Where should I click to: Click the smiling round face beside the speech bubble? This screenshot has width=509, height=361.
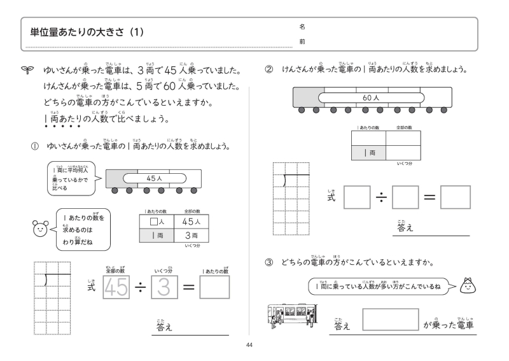click(39, 227)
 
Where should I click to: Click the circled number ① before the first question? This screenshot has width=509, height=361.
click(35, 146)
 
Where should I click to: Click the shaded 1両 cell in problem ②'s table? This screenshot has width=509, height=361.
click(368, 153)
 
